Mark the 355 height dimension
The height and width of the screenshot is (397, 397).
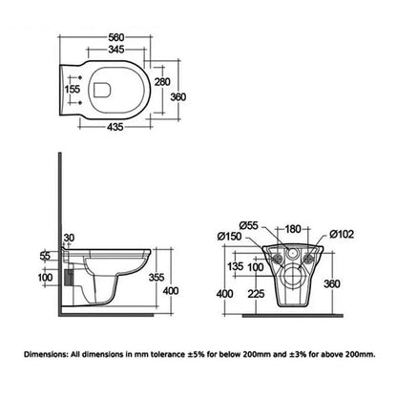170,277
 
